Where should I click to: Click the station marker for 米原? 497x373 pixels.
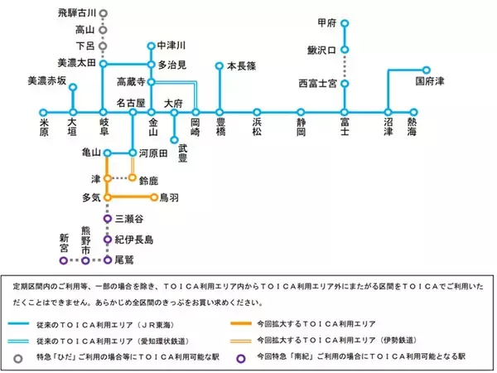[43, 112]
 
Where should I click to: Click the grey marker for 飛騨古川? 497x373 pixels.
[103, 14]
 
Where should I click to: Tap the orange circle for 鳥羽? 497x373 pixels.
[154, 197]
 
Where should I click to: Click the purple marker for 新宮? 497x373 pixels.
[64, 259]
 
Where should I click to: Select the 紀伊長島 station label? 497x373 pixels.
[133, 240]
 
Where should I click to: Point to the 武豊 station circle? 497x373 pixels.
[174, 140]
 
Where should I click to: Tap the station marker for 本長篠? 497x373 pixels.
[220, 65]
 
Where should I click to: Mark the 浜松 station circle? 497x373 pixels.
[257, 112]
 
